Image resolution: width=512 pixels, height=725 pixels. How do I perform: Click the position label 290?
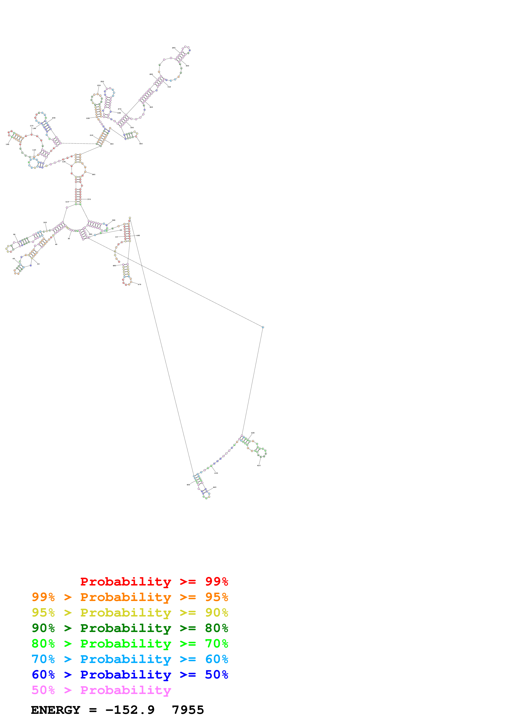pyautogui.click(x=173, y=48)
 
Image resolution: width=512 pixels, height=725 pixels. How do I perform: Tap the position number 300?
pyautogui.click(x=187, y=66)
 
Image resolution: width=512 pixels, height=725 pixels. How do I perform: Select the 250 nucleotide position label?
pyautogui.click(x=102, y=81)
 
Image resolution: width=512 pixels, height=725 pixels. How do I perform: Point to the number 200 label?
pyautogui.click(x=54, y=118)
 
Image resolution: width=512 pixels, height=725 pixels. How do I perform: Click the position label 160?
pyautogui.click(x=8, y=144)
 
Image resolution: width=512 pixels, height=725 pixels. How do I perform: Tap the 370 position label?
pyautogui.click(x=89, y=199)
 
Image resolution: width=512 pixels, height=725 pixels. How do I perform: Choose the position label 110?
pyautogui.click(x=67, y=202)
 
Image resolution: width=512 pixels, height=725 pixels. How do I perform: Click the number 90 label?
pyautogui.click(x=14, y=235)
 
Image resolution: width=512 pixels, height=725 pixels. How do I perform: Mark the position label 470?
pyautogui.click(x=139, y=285)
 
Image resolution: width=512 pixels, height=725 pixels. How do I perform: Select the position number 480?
pyautogui.click(x=114, y=266)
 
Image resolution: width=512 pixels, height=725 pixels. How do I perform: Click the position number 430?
pyautogui.click(x=216, y=473)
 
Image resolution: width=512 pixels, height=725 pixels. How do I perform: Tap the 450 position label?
pyautogui.click(x=188, y=485)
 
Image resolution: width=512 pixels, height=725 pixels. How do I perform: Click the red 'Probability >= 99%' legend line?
pyautogui.click(x=154, y=582)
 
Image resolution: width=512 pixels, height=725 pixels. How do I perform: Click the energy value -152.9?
pyautogui.click(x=130, y=710)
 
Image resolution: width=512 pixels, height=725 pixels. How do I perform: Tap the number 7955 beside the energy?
pyautogui.click(x=188, y=710)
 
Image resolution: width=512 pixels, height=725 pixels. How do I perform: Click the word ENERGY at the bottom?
pyautogui.click(x=56, y=710)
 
